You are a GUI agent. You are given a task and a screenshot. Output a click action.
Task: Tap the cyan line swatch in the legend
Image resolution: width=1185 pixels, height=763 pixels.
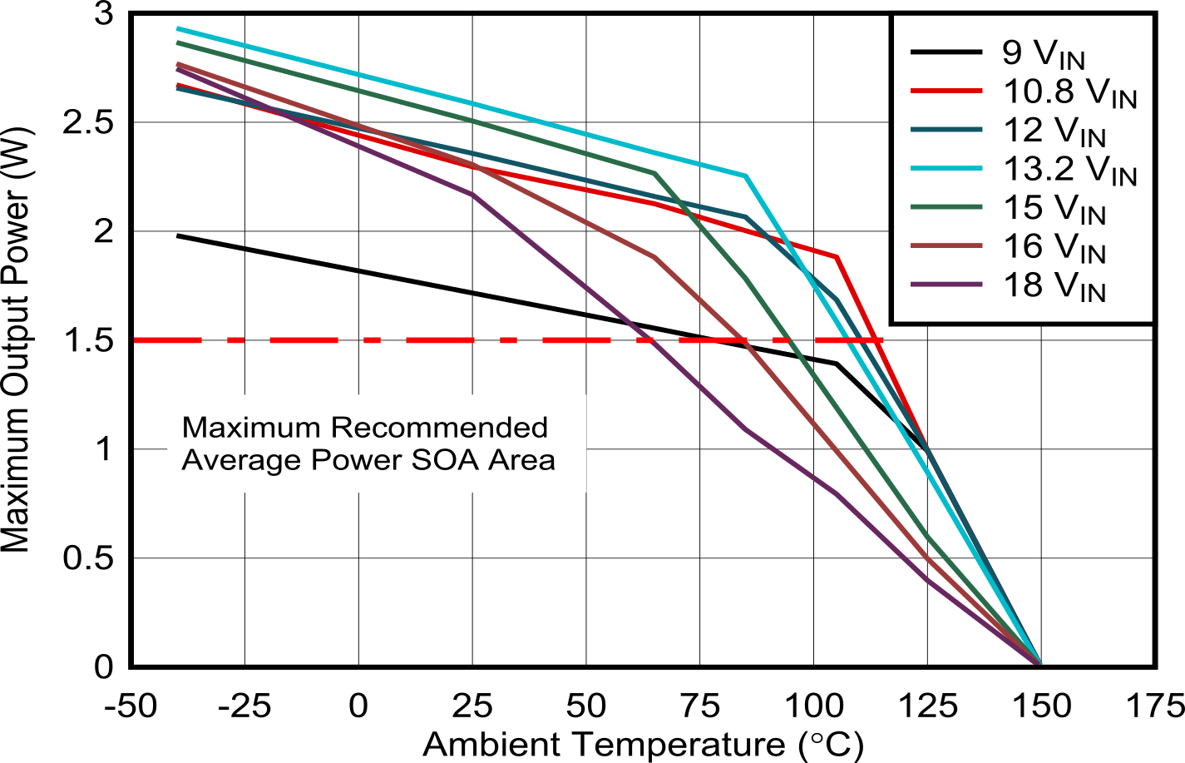point(946,169)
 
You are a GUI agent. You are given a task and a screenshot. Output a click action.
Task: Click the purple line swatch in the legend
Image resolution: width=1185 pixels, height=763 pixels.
point(946,285)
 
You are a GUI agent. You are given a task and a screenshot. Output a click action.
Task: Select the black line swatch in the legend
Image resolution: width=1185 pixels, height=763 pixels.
point(946,53)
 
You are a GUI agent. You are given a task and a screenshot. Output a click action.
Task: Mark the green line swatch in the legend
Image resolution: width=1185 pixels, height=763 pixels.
point(946,208)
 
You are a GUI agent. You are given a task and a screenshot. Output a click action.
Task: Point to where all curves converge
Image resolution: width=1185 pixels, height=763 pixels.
point(1038,662)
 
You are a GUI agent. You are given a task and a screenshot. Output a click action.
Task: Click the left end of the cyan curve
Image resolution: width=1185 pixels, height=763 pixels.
point(178,28)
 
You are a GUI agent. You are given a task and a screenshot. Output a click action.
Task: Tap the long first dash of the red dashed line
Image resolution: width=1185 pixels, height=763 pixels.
point(167,340)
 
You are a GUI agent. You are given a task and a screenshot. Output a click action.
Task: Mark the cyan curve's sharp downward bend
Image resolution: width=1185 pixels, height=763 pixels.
point(746,176)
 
